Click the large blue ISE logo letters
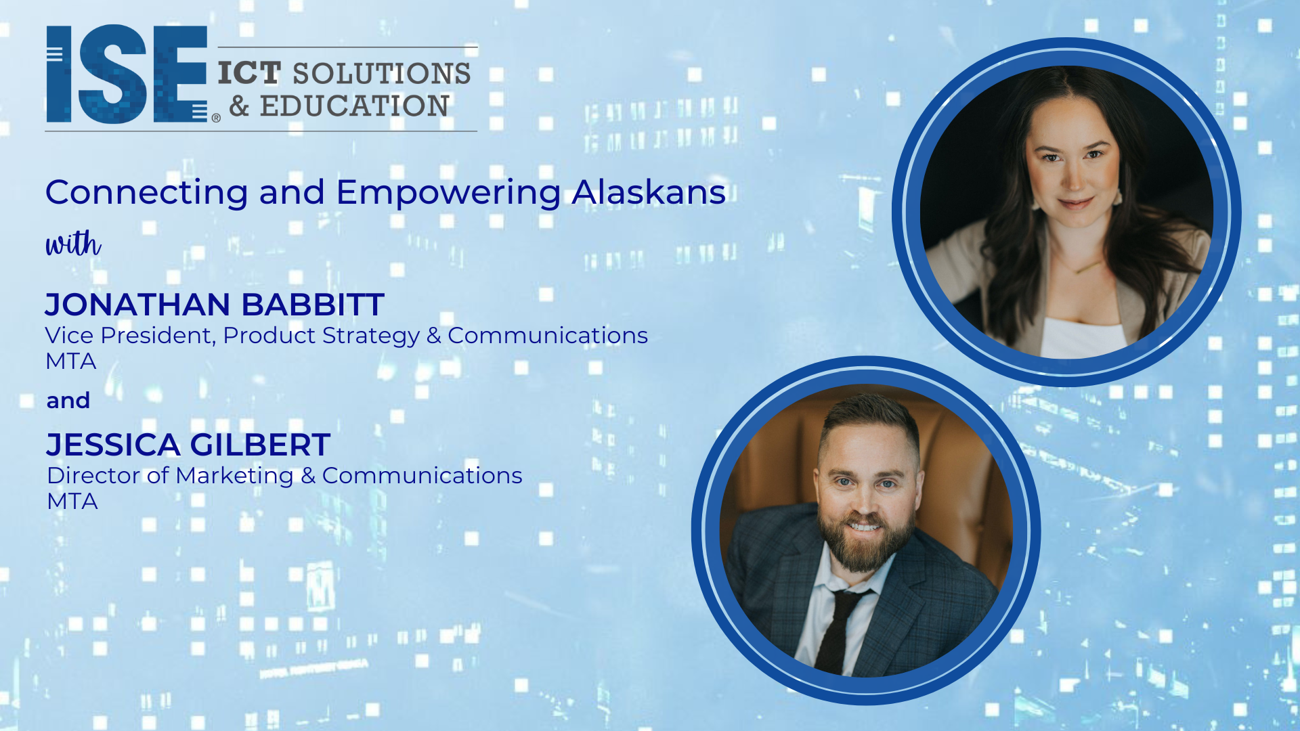(x=127, y=74)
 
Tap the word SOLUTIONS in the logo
(x=381, y=73)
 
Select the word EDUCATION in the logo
(x=354, y=106)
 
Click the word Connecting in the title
(x=147, y=193)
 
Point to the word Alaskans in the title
(x=649, y=192)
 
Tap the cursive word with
(x=73, y=244)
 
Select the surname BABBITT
(x=313, y=305)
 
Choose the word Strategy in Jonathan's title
(x=371, y=336)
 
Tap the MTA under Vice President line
(x=71, y=361)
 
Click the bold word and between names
(x=68, y=401)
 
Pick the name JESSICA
(x=113, y=445)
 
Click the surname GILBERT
(x=260, y=445)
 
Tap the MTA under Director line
(x=72, y=502)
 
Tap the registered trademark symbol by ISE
(x=216, y=118)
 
